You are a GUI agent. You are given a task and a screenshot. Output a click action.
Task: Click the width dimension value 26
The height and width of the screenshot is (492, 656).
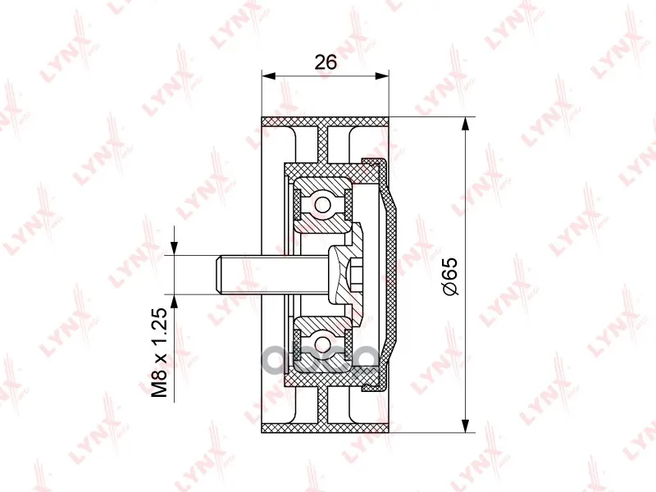point(326,62)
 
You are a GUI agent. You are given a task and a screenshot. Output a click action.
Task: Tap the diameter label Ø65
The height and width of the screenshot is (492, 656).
point(450,276)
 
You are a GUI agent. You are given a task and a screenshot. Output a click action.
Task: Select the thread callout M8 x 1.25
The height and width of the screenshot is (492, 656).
point(159,353)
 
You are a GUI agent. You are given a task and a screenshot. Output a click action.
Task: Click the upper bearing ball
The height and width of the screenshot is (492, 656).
point(322,204)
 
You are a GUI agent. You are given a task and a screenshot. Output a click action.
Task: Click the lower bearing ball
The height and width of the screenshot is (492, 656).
point(322,344)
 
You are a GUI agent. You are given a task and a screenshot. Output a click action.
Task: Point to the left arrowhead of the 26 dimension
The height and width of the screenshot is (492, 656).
point(268,75)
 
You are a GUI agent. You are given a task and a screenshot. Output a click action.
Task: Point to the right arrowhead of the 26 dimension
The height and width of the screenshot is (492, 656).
point(382,75)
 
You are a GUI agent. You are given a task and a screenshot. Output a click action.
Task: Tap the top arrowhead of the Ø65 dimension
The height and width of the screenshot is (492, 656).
point(465,124)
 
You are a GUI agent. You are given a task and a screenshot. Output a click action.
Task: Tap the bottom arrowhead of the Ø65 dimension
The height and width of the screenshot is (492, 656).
point(465,426)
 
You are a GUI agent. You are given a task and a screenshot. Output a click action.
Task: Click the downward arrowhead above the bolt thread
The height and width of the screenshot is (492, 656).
point(174,248)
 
